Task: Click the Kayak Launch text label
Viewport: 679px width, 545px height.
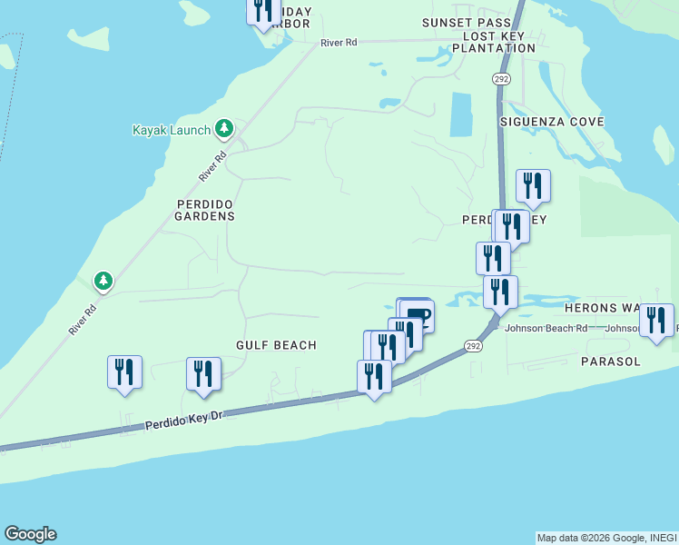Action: click(x=172, y=131)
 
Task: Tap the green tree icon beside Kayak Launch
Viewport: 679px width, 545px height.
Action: click(x=224, y=130)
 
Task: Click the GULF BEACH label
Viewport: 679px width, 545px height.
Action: click(x=276, y=345)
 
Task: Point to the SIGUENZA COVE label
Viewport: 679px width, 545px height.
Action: click(x=552, y=122)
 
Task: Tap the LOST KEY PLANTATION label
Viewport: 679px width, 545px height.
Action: click(x=498, y=42)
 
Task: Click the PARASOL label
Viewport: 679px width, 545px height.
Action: click(x=611, y=362)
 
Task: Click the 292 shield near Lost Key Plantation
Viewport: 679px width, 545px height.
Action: click(x=502, y=79)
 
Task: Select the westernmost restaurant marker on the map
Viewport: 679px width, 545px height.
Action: click(x=124, y=372)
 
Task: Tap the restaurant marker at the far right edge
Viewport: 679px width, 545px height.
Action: click(x=656, y=321)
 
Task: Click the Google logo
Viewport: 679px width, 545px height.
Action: click(x=30, y=534)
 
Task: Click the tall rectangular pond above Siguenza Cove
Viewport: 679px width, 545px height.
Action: click(x=461, y=114)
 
